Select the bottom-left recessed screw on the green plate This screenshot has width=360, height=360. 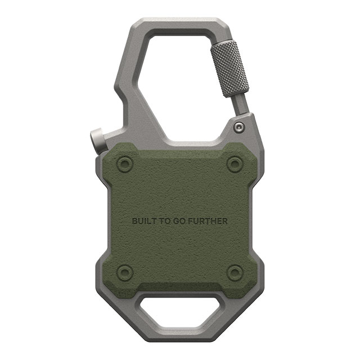click(x=125, y=272)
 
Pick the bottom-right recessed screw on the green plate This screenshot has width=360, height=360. click(x=235, y=272)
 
